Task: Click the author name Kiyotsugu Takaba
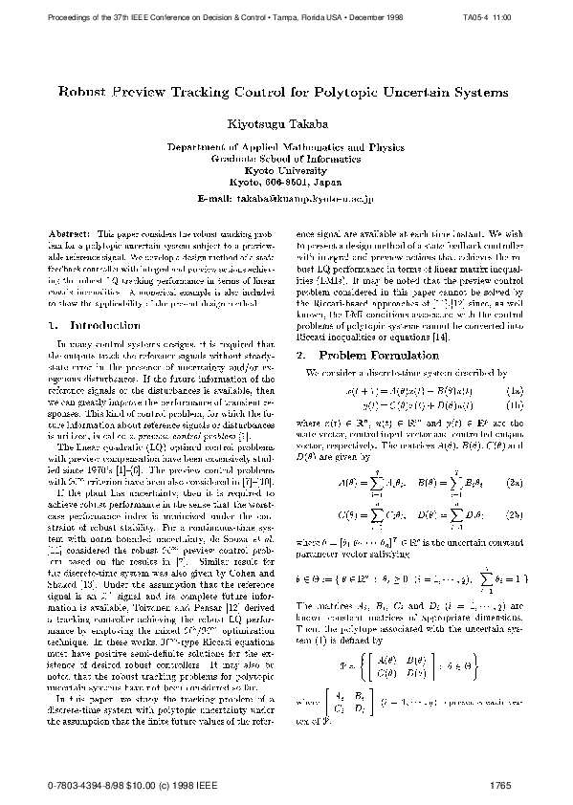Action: [x=286, y=125]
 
